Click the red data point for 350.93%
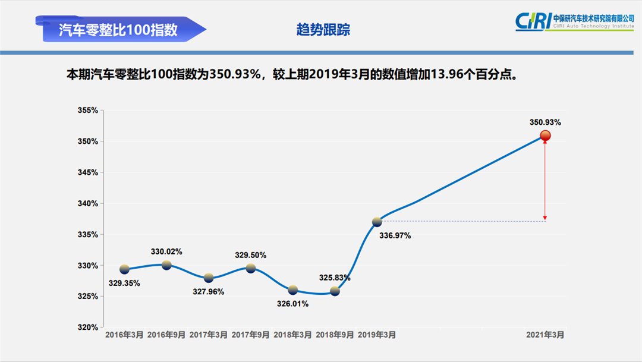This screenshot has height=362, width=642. coord(545,136)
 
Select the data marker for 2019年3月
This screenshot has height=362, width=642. coord(377,222)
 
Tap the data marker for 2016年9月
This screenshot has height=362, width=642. coord(166,265)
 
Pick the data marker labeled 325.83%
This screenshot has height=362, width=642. coord(335,291)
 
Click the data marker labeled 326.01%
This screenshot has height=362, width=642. coord(292,289)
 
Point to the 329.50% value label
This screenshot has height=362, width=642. coord(251,255)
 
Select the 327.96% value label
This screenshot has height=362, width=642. coord(209,292)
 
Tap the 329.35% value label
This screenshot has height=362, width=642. coord(124,283)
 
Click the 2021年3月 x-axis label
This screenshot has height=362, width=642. coord(545,335)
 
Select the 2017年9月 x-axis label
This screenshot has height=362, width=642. coord(250,335)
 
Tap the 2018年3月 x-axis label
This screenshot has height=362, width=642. coord(292,335)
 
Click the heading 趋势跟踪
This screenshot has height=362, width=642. coord(323,30)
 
